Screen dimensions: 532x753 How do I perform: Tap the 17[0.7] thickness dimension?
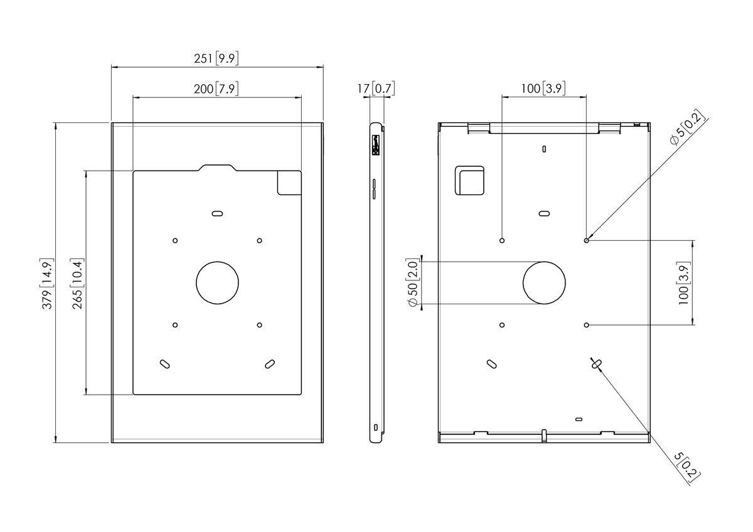click(x=376, y=89)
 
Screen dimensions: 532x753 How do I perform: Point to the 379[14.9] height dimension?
click(x=48, y=282)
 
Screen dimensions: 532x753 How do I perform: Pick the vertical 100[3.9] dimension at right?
click(x=683, y=282)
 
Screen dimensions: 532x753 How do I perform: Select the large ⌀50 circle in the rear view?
click(x=545, y=282)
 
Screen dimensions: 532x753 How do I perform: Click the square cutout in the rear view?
click(x=470, y=181)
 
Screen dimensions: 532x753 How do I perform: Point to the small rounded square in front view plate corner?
click(x=289, y=183)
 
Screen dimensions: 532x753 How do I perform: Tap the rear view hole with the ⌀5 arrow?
click(x=586, y=240)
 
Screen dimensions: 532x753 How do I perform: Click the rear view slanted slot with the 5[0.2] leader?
click(x=595, y=363)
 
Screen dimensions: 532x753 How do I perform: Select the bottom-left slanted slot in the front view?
click(x=164, y=363)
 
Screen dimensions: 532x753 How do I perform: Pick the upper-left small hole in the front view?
click(x=175, y=240)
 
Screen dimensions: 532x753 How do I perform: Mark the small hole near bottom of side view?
click(x=376, y=427)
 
